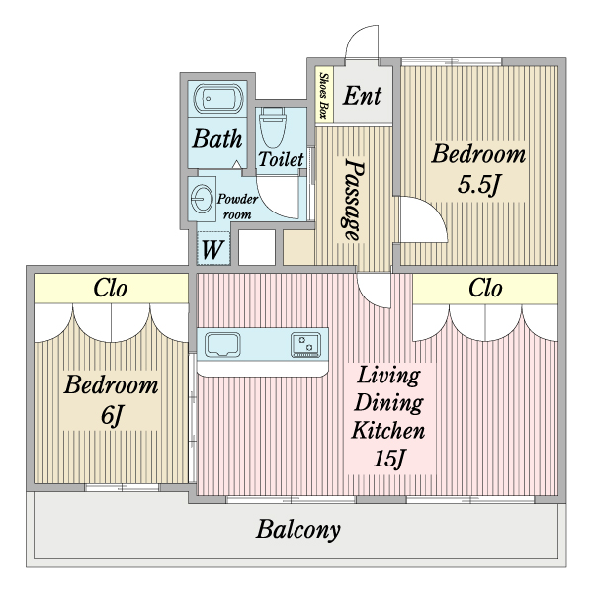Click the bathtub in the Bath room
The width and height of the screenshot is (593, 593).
[217, 99]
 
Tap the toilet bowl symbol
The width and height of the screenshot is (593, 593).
[273, 127]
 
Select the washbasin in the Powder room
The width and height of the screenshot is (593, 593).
[202, 199]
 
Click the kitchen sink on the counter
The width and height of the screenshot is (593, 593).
[222, 345]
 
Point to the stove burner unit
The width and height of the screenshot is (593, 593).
[305, 345]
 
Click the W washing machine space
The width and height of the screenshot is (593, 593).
[212, 248]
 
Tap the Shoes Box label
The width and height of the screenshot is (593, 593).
[324, 95]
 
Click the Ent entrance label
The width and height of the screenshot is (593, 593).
[362, 96]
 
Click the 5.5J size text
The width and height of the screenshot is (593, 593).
[479, 185]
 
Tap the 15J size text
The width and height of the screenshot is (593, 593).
[389, 459]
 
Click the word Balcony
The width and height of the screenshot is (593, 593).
[298, 530]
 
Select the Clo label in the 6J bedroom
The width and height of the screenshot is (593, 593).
[110, 289]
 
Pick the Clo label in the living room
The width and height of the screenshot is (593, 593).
[485, 289]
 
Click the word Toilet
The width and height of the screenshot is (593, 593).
[281, 159]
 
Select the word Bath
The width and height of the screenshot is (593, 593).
[217, 138]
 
